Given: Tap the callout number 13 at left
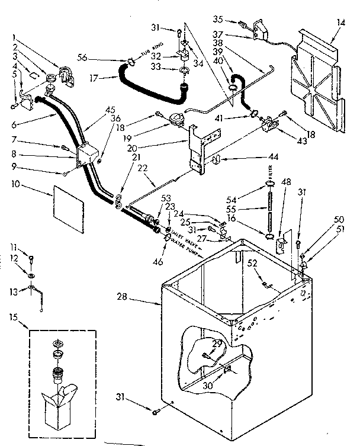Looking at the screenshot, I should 12,290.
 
